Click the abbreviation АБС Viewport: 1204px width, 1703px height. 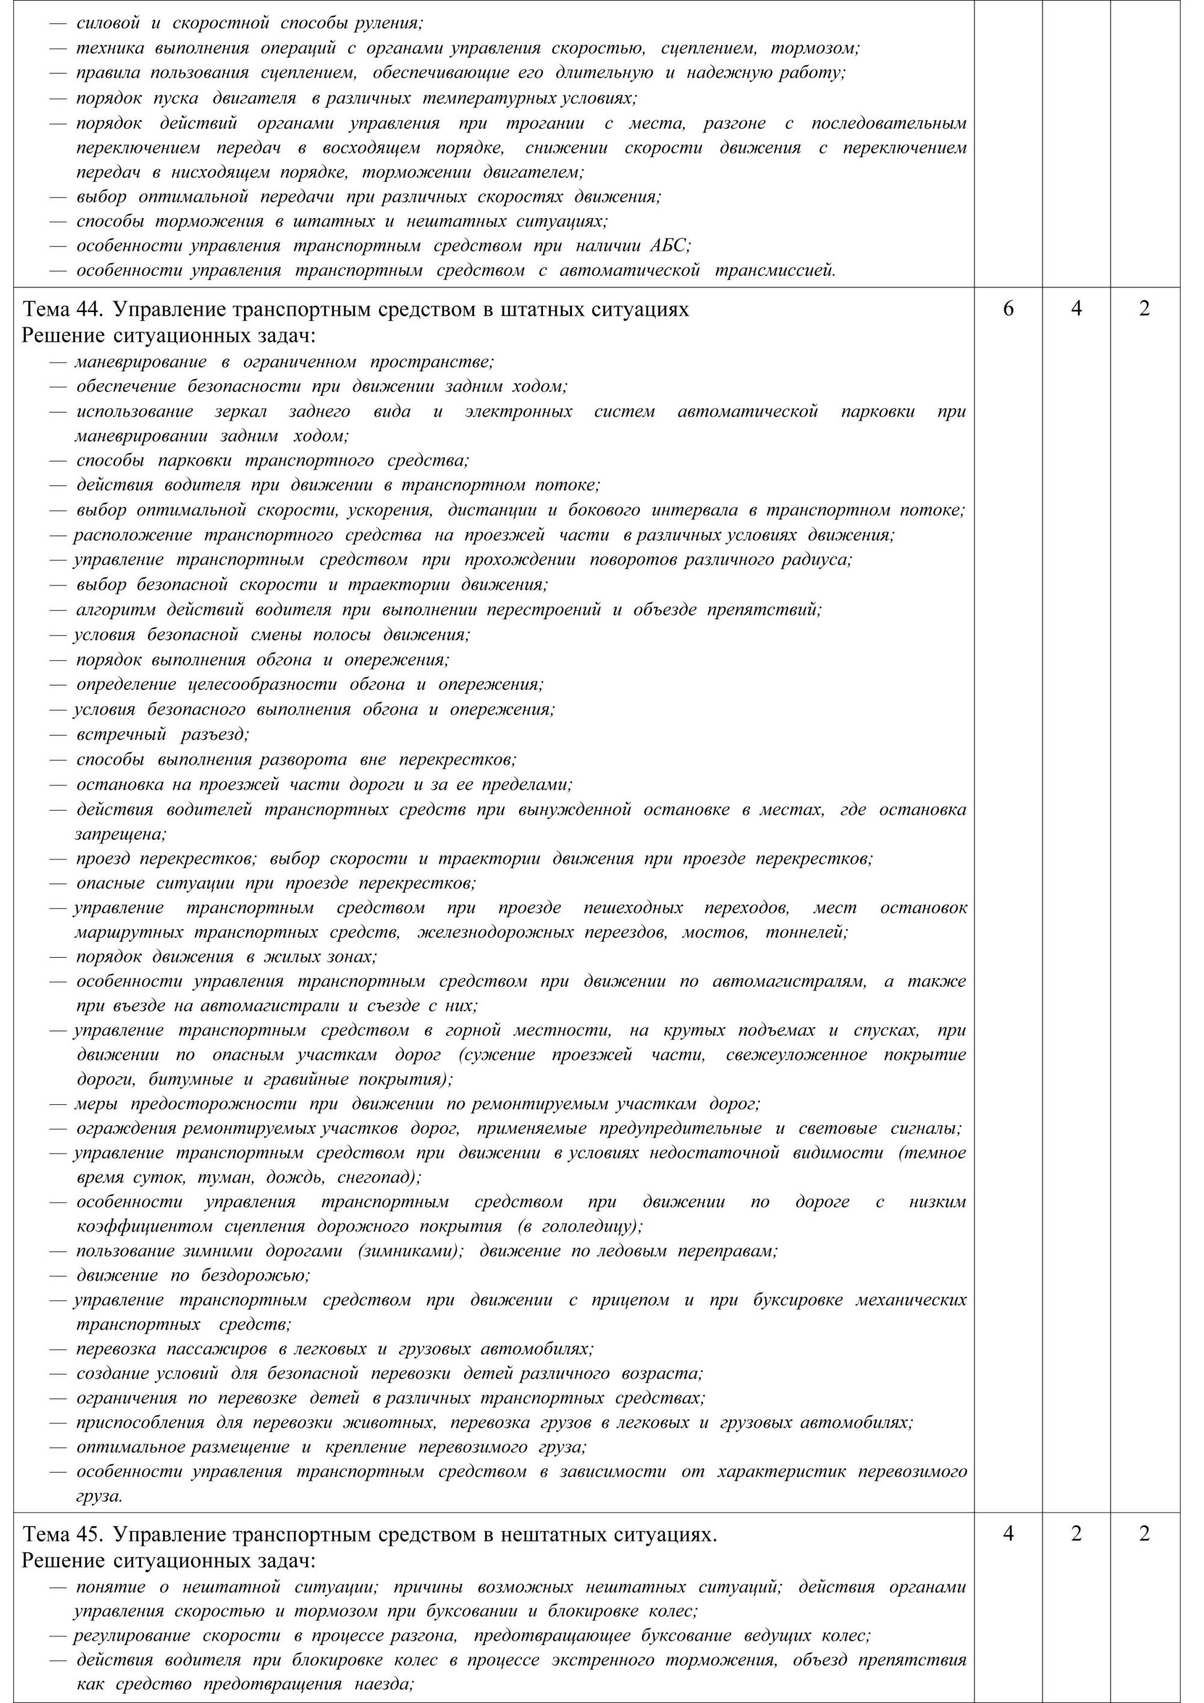click(x=669, y=246)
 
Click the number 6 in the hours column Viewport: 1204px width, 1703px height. click(x=1008, y=309)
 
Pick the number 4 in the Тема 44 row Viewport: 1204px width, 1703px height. click(x=1076, y=309)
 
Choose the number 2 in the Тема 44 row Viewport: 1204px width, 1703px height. click(x=1144, y=309)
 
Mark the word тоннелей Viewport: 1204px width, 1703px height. click(x=807, y=933)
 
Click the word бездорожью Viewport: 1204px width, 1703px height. click(x=254, y=1276)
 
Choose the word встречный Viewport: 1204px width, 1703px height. click(x=122, y=734)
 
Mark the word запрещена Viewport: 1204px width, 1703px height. click(x=120, y=834)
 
